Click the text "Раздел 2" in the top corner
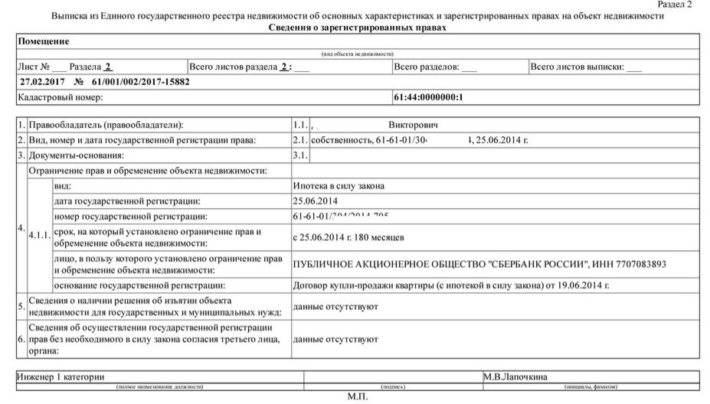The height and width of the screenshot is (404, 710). click(674, 5)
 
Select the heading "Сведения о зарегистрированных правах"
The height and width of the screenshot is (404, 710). click(358, 28)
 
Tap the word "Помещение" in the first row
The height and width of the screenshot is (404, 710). click(44, 41)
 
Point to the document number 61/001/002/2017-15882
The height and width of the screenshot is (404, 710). click(141, 82)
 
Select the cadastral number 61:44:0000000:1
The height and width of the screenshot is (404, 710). click(429, 97)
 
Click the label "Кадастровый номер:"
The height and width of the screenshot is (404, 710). click(60, 97)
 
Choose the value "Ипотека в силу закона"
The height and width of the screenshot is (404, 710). click(339, 186)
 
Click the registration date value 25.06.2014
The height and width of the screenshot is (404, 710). click(316, 201)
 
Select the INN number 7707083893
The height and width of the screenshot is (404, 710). click(638, 264)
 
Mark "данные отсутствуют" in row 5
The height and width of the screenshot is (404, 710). click(336, 307)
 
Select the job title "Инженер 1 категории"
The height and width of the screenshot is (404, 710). click(61, 376)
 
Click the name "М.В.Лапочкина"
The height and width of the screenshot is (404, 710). click(515, 376)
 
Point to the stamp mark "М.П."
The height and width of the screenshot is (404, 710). click(358, 397)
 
